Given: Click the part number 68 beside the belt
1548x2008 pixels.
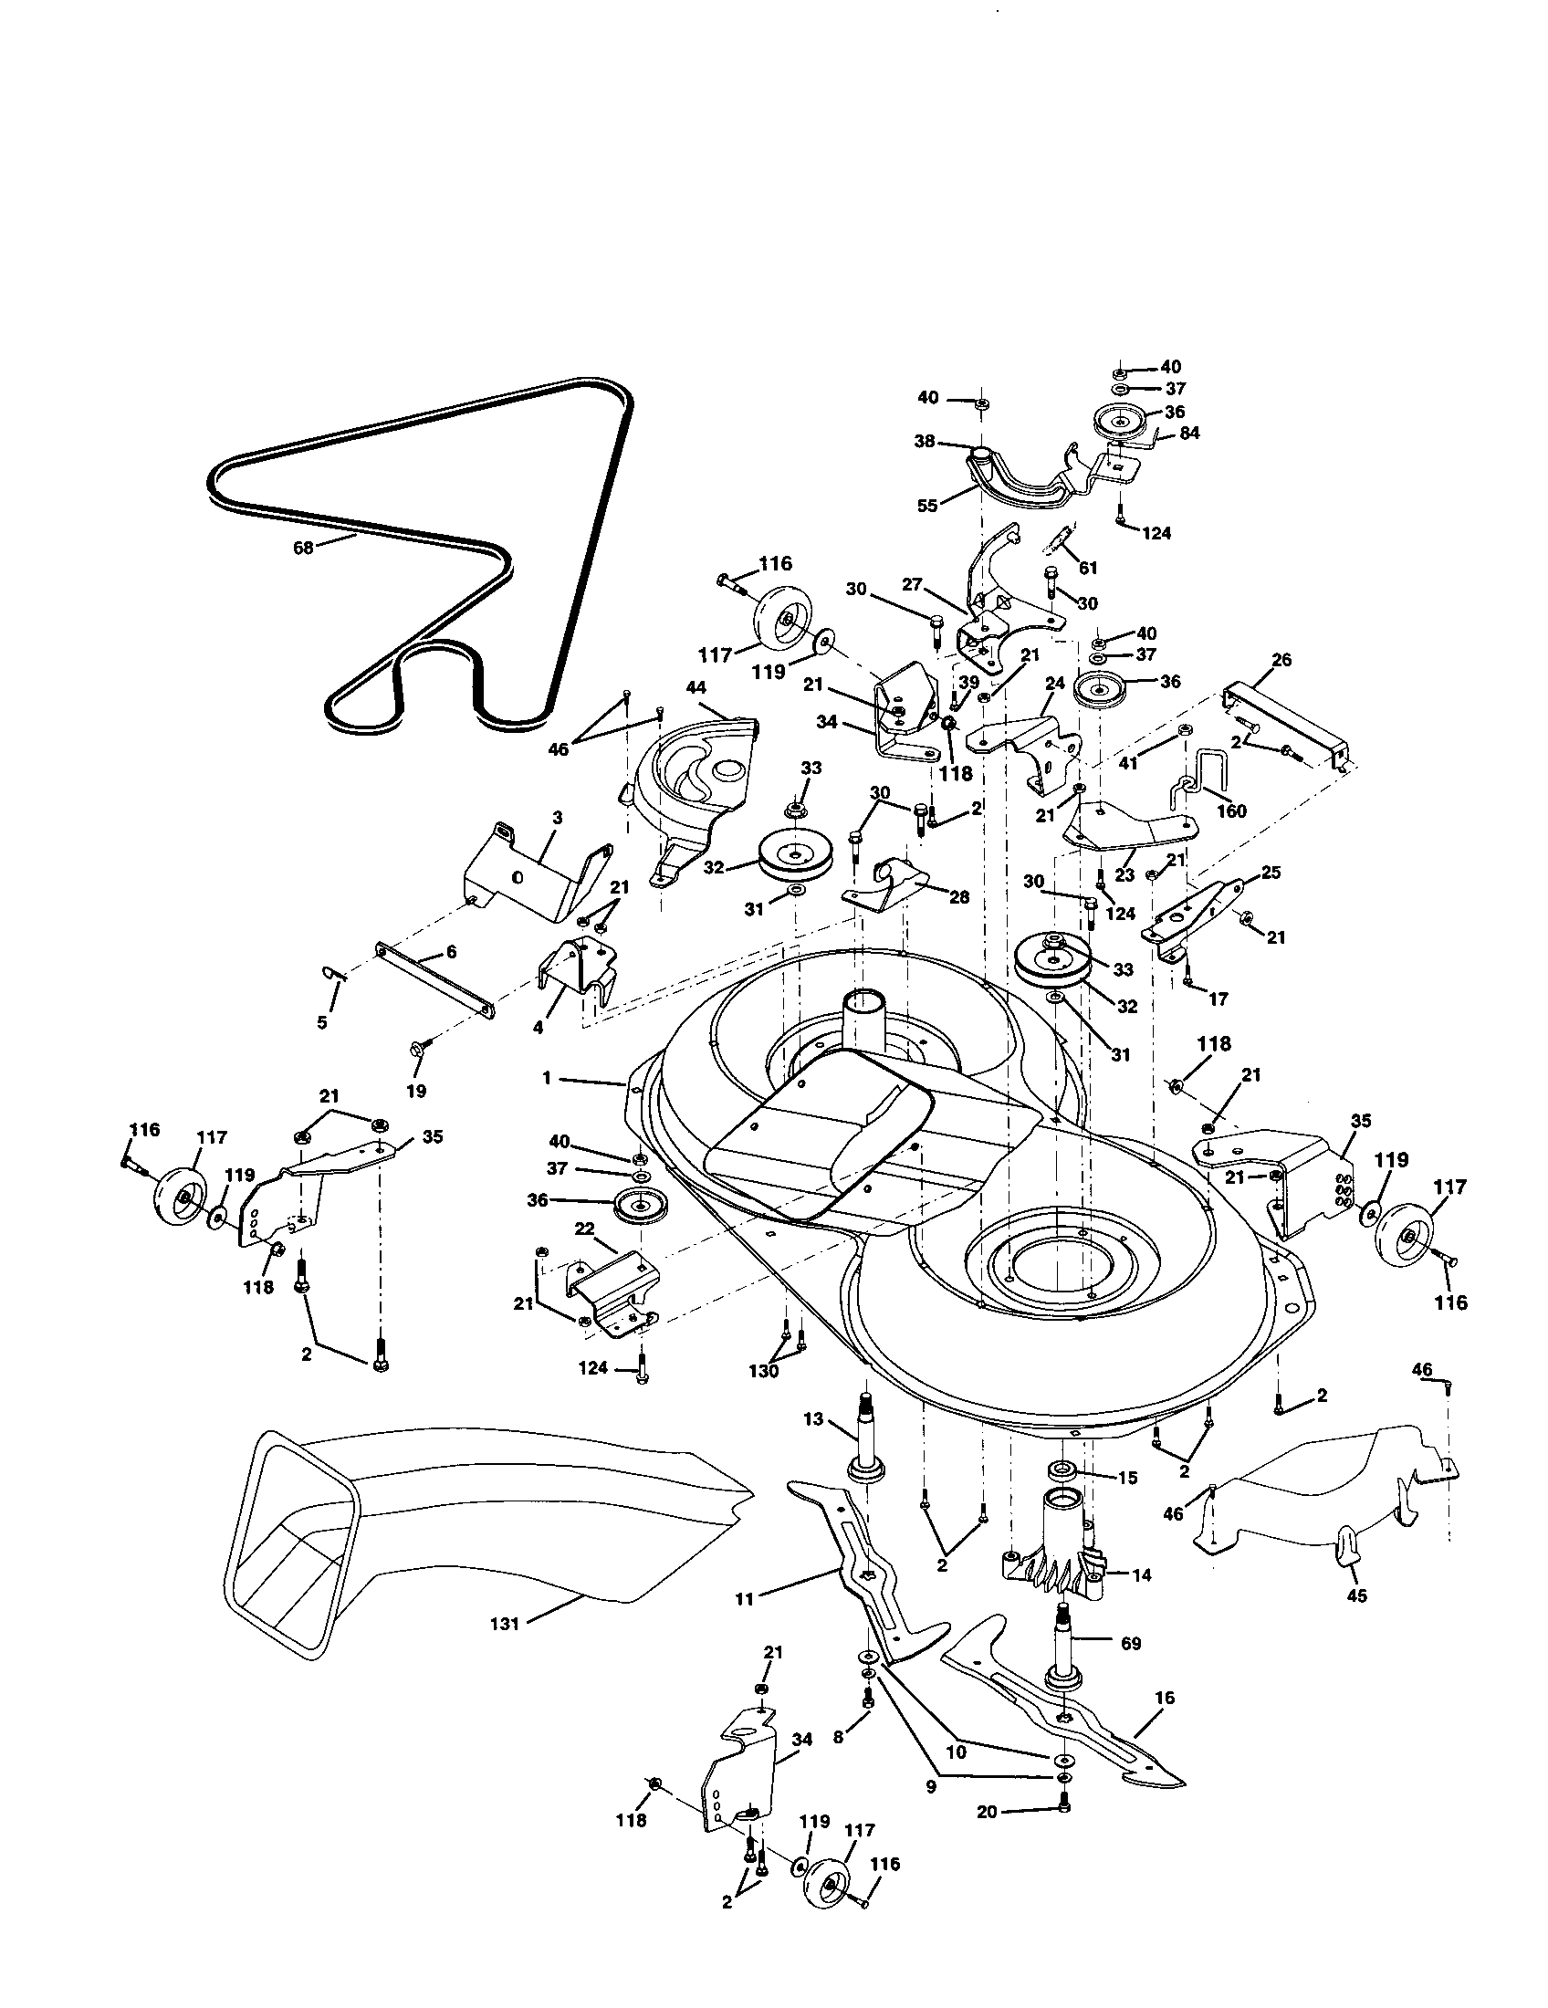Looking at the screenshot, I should point(302,547).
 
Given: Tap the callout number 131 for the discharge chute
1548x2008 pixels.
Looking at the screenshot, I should point(505,1624).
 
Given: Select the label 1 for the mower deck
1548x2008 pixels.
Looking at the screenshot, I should point(547,1078).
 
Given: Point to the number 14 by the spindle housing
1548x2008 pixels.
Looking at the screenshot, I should point(1141,1575).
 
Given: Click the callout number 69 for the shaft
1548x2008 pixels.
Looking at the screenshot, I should point(1131,1643).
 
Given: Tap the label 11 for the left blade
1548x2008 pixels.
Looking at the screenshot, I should point(745,1600).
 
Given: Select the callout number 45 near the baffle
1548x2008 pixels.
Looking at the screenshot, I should point(1357,1595).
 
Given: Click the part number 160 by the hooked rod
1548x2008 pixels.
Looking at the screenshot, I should point(1232,811).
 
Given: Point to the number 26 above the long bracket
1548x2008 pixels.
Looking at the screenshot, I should point(1281,660).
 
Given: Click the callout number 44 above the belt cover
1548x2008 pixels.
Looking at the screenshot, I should point(696,687).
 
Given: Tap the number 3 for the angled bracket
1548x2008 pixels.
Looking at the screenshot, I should point(557,818).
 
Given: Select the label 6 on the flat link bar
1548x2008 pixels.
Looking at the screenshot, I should point(451,952).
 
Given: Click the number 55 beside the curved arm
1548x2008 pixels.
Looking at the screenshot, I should point(927,506).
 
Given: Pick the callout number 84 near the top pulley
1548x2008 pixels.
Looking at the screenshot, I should point(1189,432).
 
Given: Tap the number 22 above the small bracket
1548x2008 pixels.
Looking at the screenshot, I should point(585,1229).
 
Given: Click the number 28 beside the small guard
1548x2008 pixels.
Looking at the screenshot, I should point(958,896).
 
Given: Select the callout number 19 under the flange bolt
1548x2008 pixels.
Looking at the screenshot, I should point(416,1092).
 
